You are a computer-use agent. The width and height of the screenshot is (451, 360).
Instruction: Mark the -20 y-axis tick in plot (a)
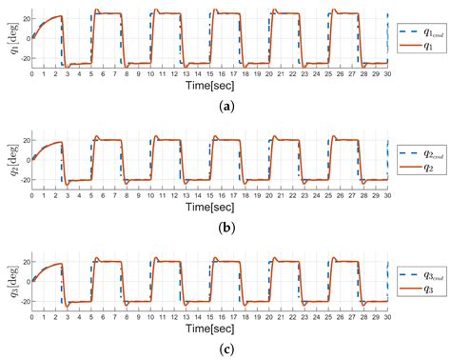[22, 62]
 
